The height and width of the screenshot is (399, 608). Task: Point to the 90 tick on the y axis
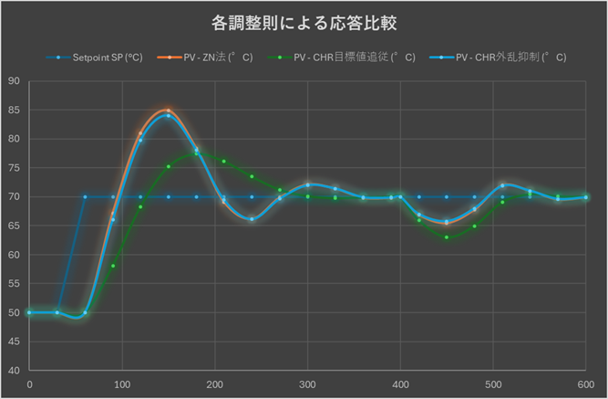click(x=14, y=81)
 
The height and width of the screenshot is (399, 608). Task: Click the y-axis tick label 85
click(x=14, y=110)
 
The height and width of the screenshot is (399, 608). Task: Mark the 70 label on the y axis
click(x=14, y=197)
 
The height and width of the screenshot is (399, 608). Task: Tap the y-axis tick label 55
click(x=14, y=284)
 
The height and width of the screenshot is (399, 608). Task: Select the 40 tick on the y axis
click(x=14, y=371)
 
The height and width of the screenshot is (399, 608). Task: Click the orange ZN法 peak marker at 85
click(x=169, y=110)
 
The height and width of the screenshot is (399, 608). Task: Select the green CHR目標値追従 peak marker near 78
click(x=196, y=152)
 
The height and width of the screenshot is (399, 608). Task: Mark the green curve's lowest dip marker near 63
click(x=447, y=237)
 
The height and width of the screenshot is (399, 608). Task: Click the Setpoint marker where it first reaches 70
click(x=85, y=197)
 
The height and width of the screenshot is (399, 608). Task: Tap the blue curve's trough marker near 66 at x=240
click(x=252, y=219)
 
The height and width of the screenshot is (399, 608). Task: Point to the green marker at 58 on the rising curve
click(x=113, y=266)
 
